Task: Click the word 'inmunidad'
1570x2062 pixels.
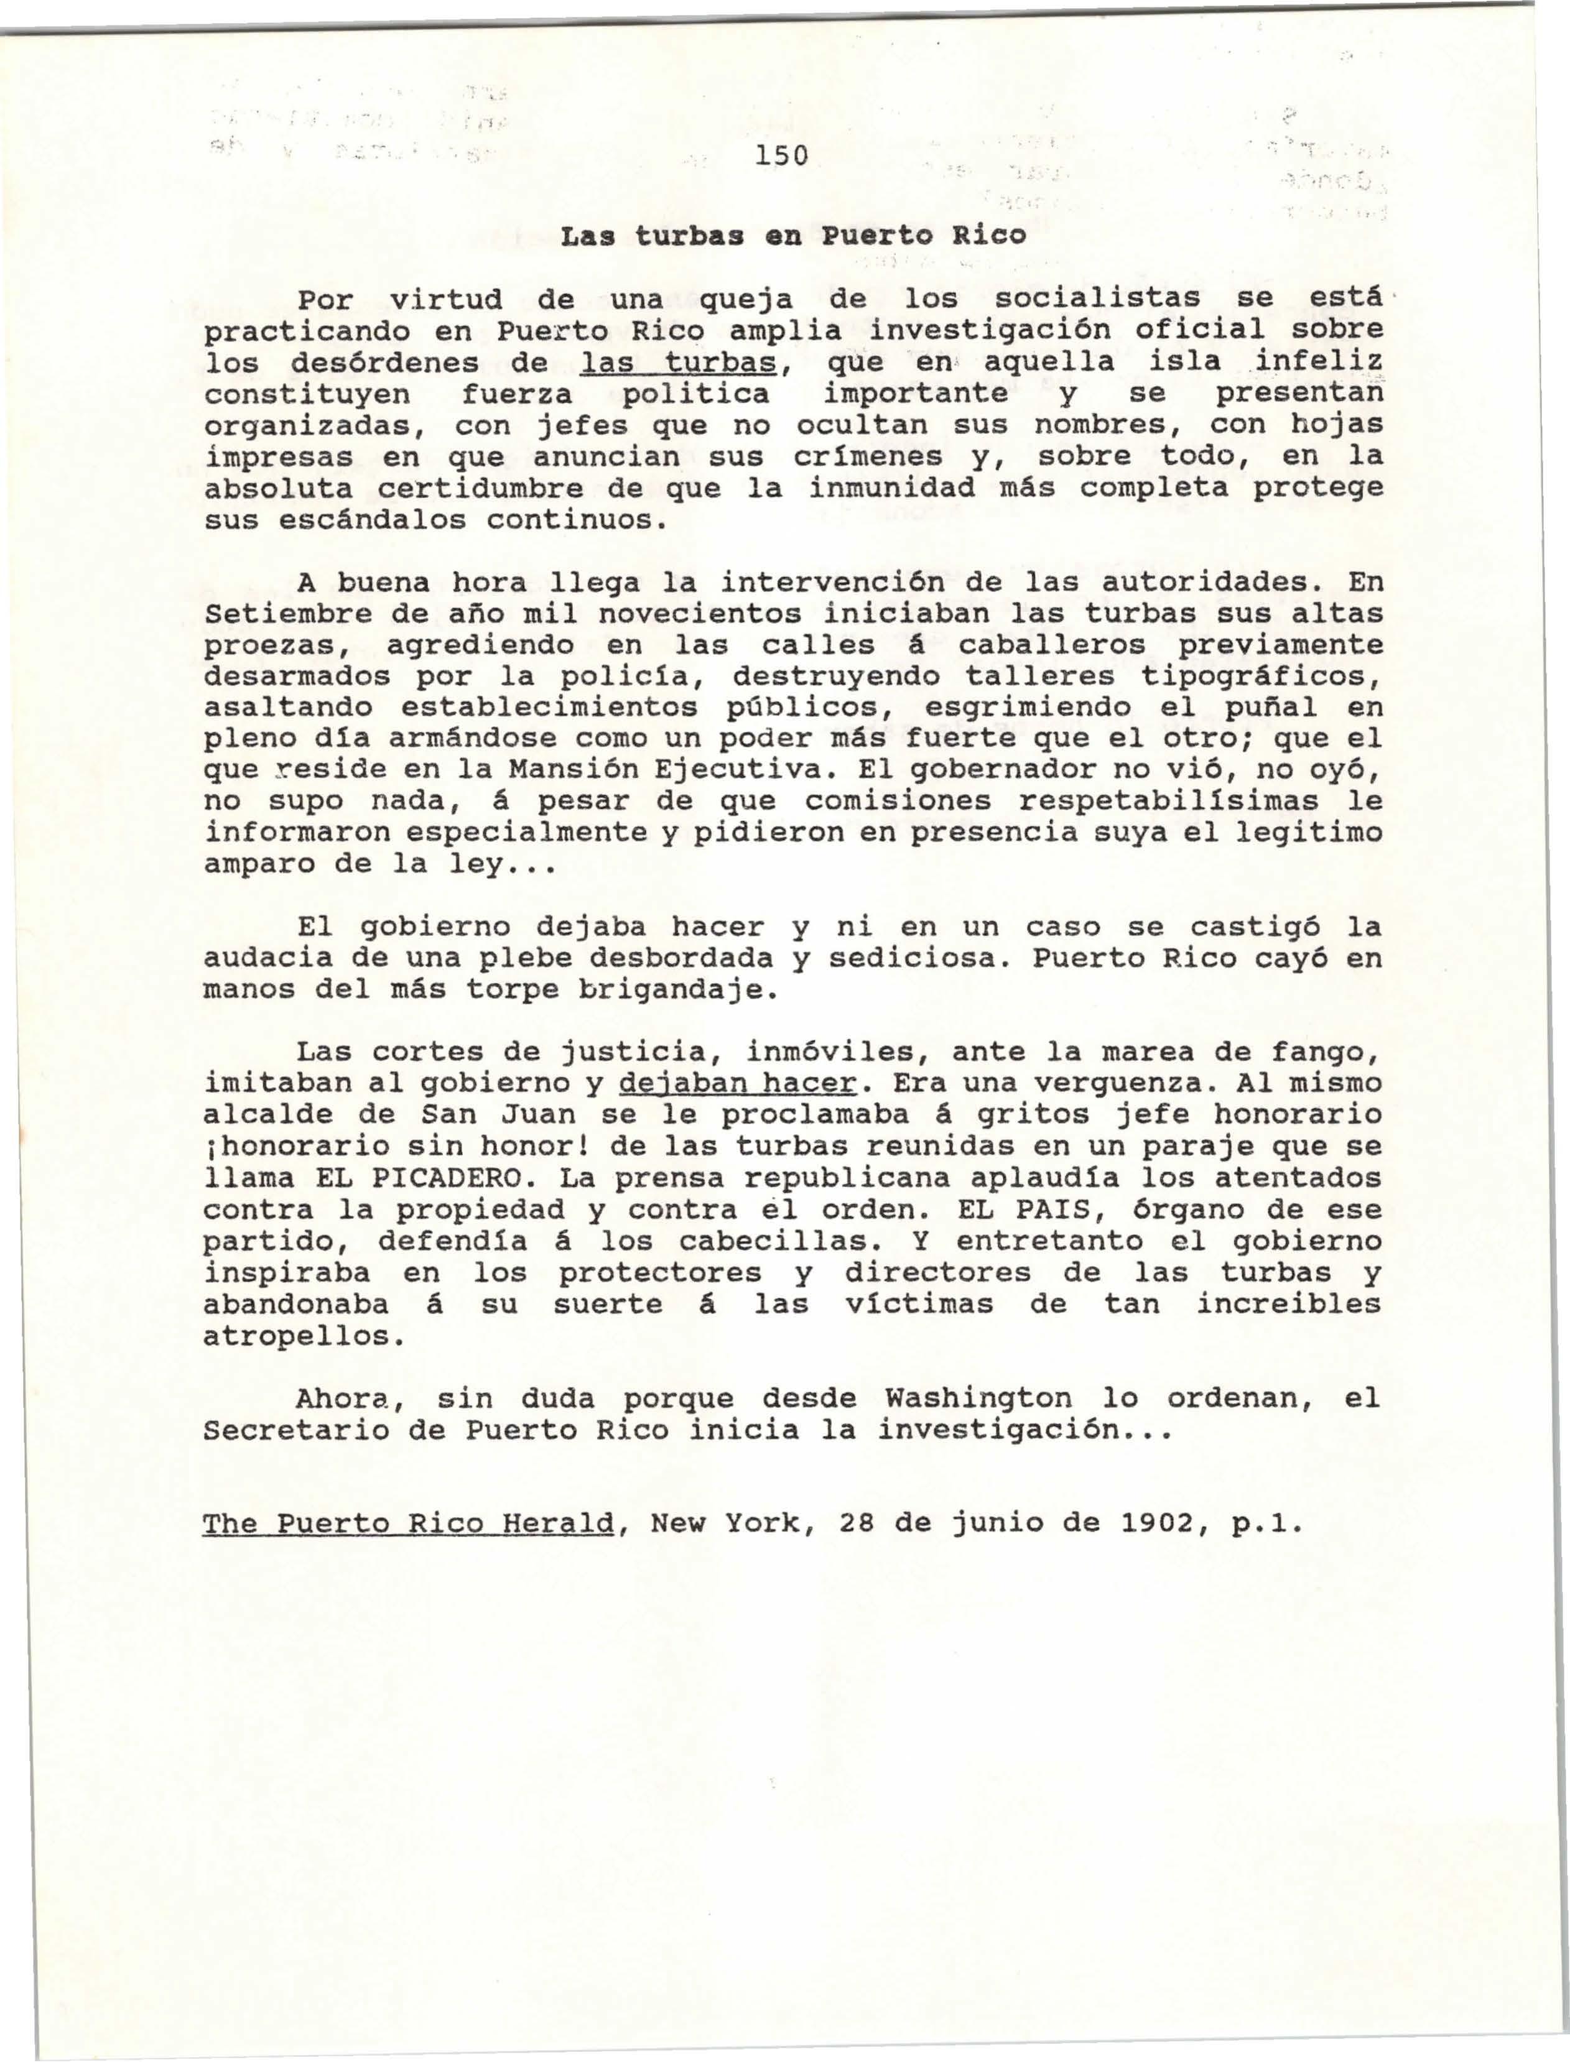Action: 878,488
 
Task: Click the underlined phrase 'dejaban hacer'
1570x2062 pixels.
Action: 738,1084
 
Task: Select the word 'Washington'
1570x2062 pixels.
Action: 978,1399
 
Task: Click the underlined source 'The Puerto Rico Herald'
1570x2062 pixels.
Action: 409,1524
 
